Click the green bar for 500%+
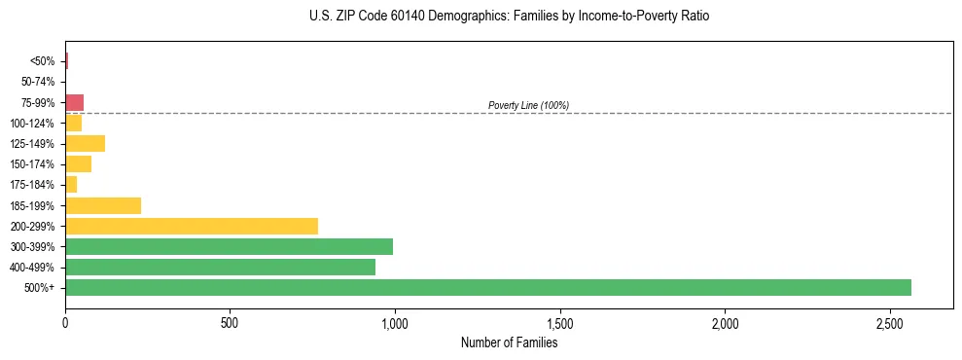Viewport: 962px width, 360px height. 487,287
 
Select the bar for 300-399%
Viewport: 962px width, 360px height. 229,246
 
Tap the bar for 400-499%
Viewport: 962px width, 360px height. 220,267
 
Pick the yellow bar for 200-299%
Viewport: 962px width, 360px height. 191,226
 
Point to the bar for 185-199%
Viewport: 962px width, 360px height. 103,205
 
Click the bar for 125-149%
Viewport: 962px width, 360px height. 85,143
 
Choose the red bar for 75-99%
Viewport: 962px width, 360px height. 74,102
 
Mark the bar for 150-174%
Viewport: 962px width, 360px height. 78,163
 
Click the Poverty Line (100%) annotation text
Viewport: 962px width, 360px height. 528,105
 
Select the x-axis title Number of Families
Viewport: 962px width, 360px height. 509,342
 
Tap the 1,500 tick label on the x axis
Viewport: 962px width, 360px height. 559,322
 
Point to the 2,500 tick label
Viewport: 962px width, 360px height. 889,322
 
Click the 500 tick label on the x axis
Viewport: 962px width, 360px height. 230,322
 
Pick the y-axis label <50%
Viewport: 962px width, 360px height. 43,61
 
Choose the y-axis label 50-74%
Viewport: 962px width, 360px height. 38,82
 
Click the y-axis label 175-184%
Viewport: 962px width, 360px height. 34,185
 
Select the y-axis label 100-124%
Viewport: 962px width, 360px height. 34,123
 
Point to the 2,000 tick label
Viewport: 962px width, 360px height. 725,322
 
